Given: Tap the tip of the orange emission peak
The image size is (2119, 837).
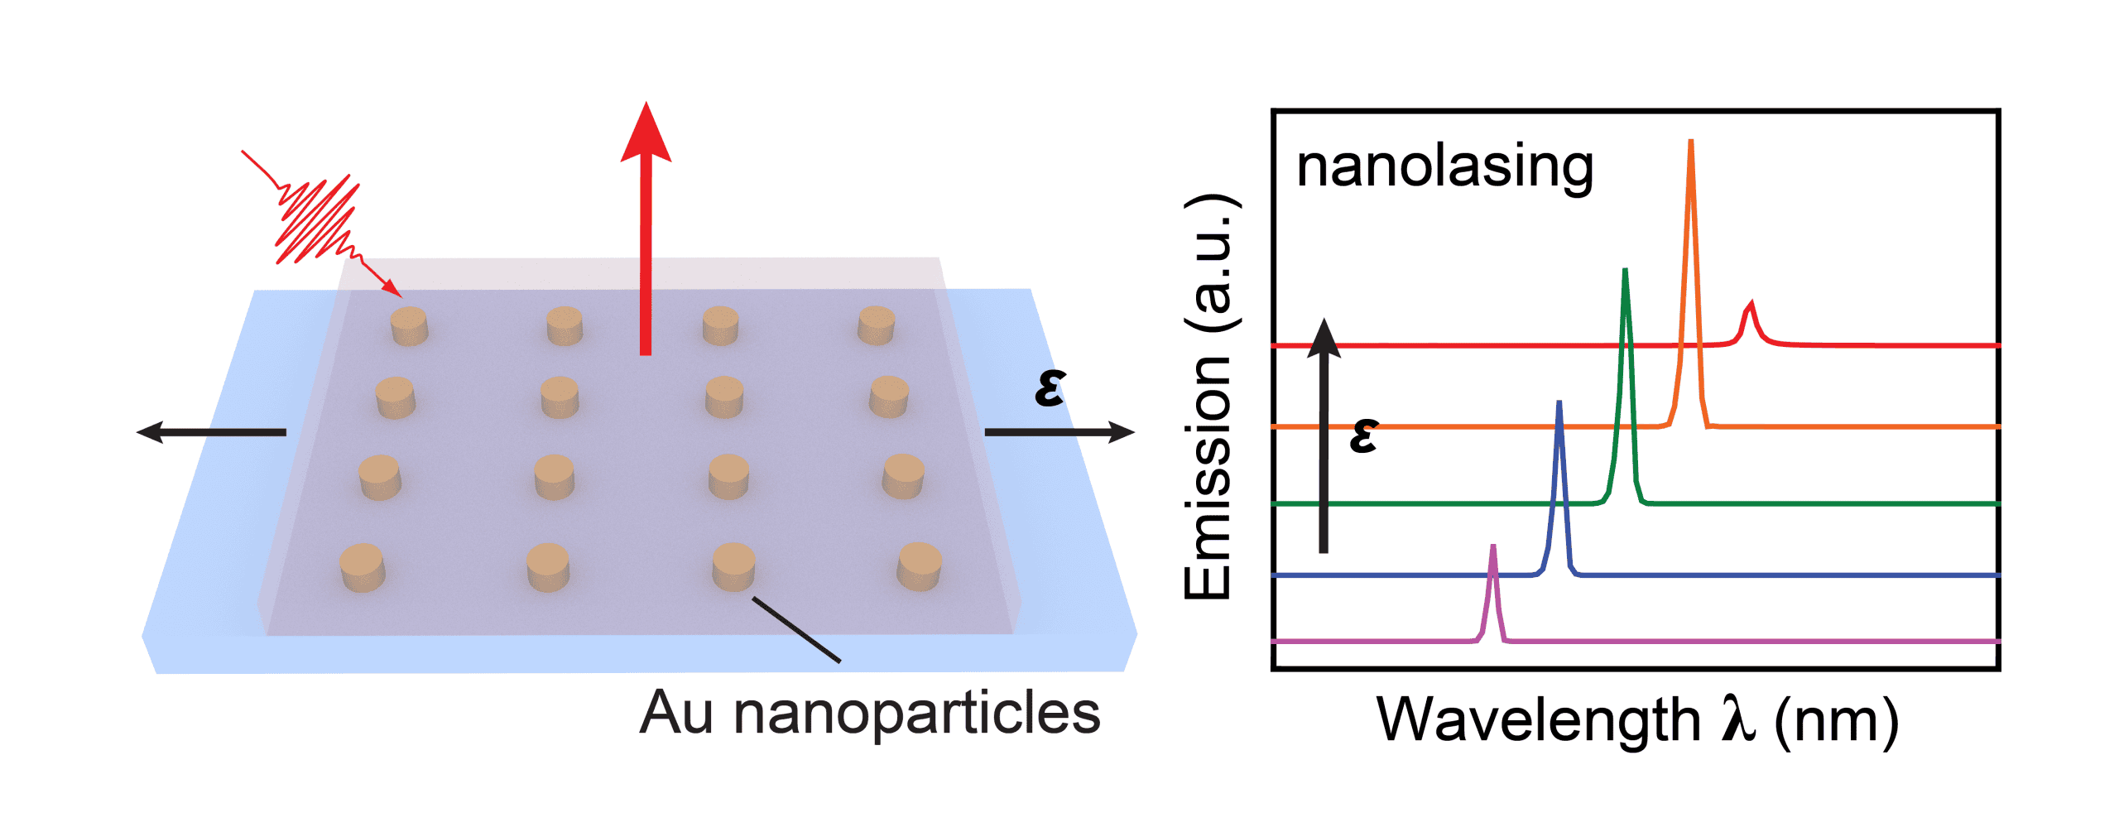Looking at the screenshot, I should [x=1690, y=142].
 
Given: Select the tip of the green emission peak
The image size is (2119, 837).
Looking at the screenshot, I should [x=1626, y=272].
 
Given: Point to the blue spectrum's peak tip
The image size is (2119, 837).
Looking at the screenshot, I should [x=1559, y=404].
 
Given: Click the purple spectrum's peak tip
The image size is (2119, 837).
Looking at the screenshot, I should [x=1493, y=547].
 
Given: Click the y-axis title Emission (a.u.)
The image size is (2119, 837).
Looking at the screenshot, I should [x=1209, y=397].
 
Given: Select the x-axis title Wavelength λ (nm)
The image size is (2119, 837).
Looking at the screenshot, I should [x=1636, y=720].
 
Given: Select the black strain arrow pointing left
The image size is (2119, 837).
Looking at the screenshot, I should [x=211, y=431].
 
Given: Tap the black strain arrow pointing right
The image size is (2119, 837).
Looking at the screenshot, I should [x=1059, y=431].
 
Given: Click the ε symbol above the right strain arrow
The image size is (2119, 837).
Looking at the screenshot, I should [x=1050, y=387].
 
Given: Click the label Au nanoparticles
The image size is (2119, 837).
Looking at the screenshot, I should [x=869, y=713].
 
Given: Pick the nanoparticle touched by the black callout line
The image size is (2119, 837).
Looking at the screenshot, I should [x=733, y=566].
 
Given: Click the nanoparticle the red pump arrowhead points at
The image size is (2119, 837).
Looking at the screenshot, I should [x=409, y=325].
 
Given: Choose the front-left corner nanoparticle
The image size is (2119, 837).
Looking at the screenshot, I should [x=363, y=567].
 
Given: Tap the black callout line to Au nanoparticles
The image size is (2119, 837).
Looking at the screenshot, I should [x=796, y=630].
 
